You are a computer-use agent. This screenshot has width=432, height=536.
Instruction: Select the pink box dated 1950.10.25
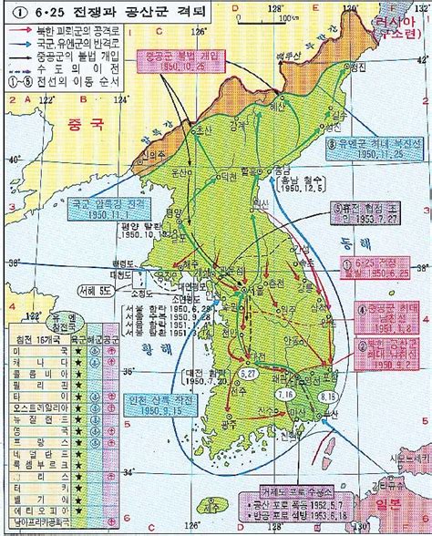175,64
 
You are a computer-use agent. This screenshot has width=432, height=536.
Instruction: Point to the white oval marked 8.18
329,397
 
